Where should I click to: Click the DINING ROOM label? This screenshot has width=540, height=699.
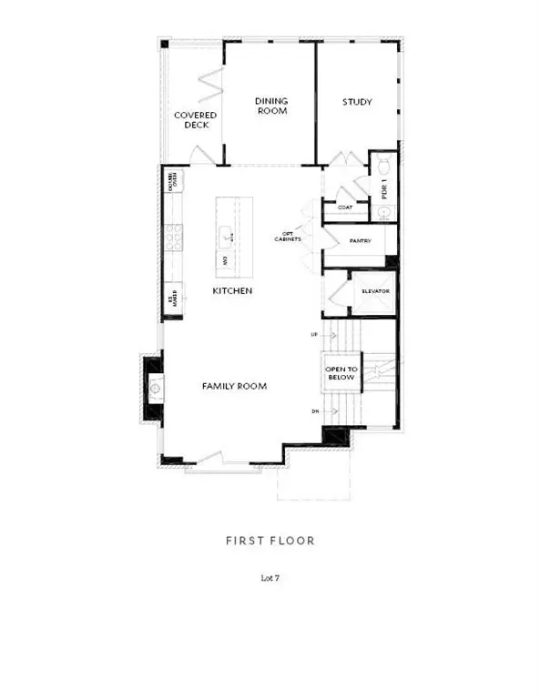pos(270,105)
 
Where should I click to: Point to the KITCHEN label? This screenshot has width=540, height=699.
pos(232,290)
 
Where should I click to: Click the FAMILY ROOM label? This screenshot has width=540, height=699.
pos(234,386)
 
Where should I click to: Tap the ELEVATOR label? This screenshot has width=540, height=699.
pos(375,291)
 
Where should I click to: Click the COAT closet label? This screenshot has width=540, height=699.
pos(345,208)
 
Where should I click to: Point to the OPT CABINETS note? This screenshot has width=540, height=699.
pos(288,238)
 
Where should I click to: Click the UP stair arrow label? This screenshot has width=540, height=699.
pos(315,335)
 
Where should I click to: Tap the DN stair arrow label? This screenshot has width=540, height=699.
pos(315,412)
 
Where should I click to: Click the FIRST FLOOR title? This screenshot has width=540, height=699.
pos(270,541)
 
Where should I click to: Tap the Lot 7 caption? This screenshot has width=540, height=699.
pos(270,577)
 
